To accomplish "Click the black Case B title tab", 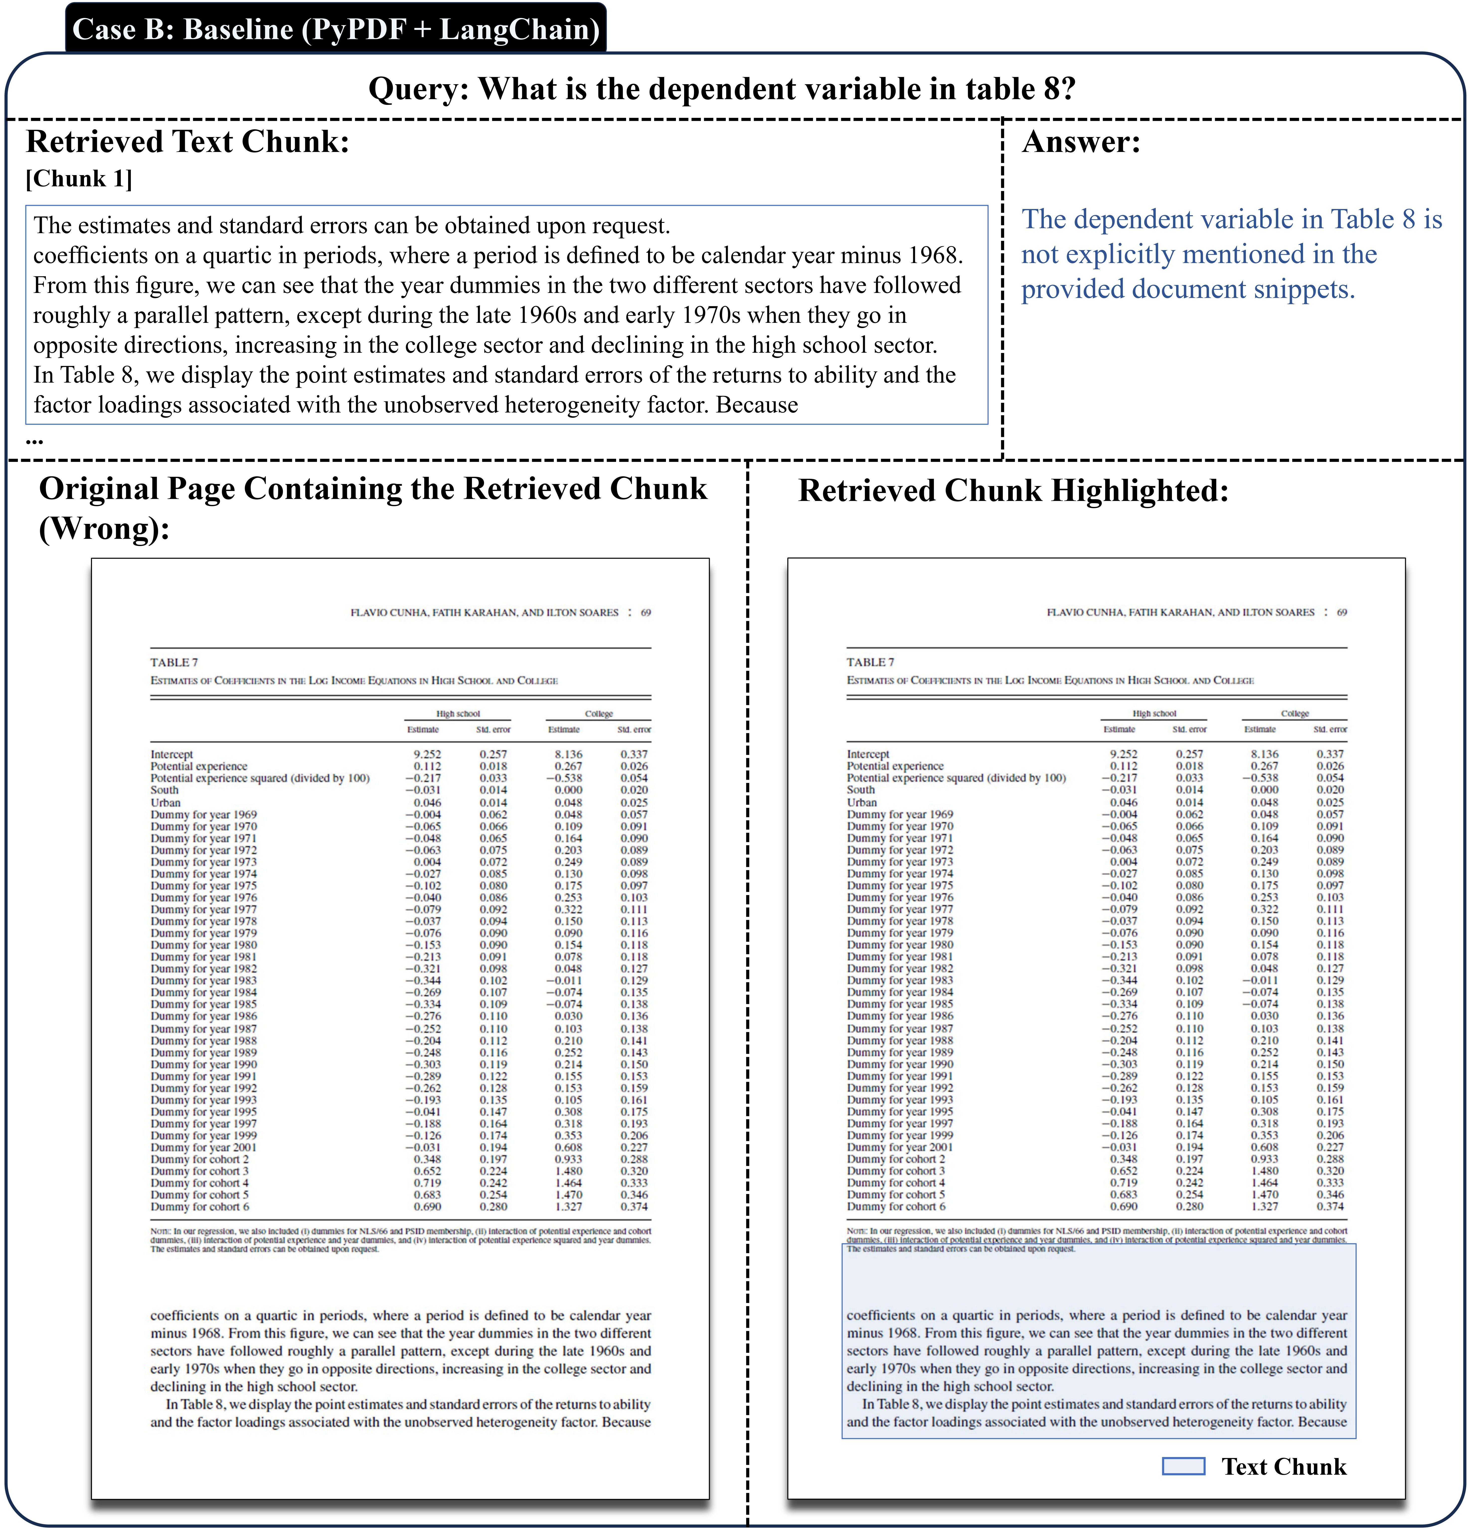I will click(336, 29).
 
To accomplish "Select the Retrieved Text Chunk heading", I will click(187, 142).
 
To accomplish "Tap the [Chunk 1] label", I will click(79, 179).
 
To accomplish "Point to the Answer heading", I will click(1081, 142).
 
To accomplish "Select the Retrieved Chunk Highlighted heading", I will click(1013, 491).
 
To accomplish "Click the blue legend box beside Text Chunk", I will click(1183, 1466).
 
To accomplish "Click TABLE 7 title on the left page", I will click(174, 662).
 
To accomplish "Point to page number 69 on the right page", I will click(1342, 613).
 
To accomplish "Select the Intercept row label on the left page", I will click(172, 754).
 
